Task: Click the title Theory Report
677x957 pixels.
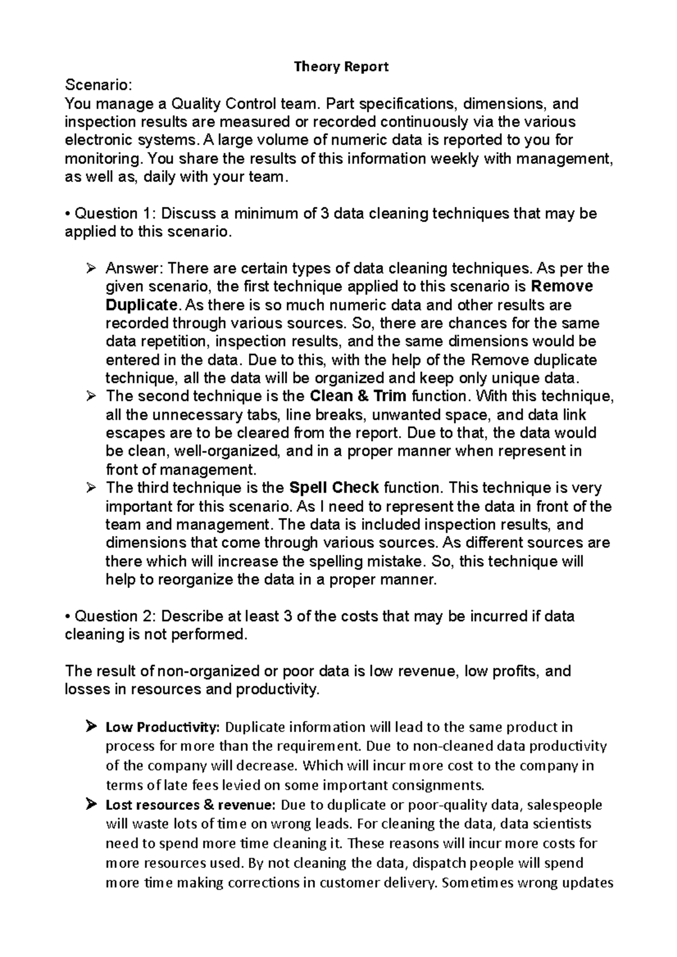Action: [x=341, y=67]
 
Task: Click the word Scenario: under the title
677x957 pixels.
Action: [x=99, y=86]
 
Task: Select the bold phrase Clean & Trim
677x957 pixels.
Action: [x=358, y=396]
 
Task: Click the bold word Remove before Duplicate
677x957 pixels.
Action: [x=562, y=286]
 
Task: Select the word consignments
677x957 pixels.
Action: [x=443, y=785]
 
